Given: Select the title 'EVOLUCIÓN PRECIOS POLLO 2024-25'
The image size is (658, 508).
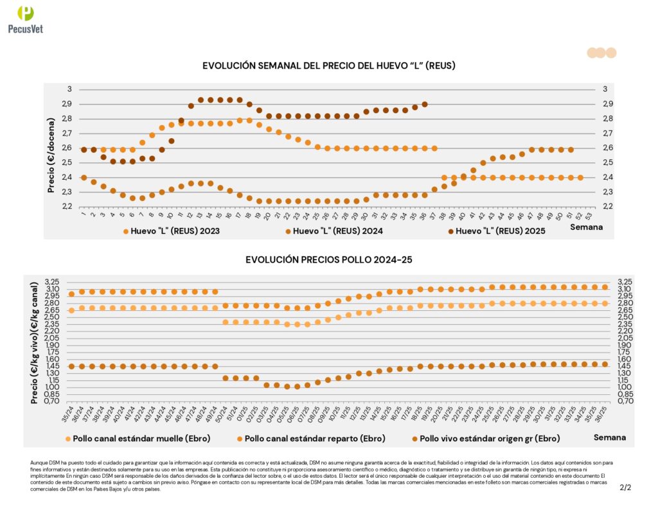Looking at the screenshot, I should pos(328,259).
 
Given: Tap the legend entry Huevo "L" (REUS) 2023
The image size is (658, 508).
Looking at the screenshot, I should pos(172,231).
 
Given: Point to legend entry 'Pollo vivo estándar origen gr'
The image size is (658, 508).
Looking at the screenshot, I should pos(488,438).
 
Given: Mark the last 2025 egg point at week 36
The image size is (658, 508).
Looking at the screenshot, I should pos(425,104).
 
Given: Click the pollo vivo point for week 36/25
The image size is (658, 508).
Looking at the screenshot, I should pos(605,364).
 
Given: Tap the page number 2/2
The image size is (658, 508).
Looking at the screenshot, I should pos(625,488).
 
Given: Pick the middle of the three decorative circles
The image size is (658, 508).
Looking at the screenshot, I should pos(600,53).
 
